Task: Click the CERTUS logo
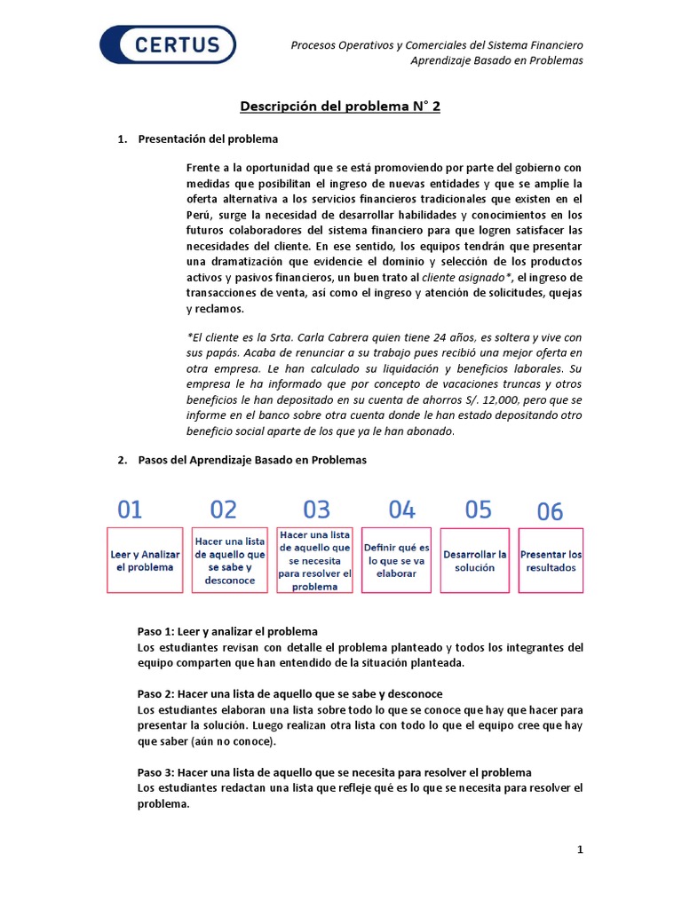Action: (x=168, y=45)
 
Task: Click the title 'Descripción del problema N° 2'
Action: (x=340, y=107)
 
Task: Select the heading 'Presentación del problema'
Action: (x=208, y=139)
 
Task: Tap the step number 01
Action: (x=130, y=510)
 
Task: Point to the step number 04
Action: (x=401, y=510)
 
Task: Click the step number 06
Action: (x=551, y=511)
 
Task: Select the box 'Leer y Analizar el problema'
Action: (x=142, y=560)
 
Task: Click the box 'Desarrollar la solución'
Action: (x=475, y=560)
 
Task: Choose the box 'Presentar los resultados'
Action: (x=551, y=560)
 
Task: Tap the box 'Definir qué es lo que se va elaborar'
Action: (x=396, y=560)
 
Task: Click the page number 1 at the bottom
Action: (x=580, y=850)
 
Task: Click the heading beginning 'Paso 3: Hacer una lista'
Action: (x=335, y=771)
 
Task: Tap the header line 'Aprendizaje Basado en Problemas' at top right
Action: (x=496, y=60)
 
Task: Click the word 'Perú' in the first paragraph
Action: (x=201, y=213)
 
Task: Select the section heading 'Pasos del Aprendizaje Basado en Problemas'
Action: (x=252, y=460)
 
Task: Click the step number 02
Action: (x=224, y=510)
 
